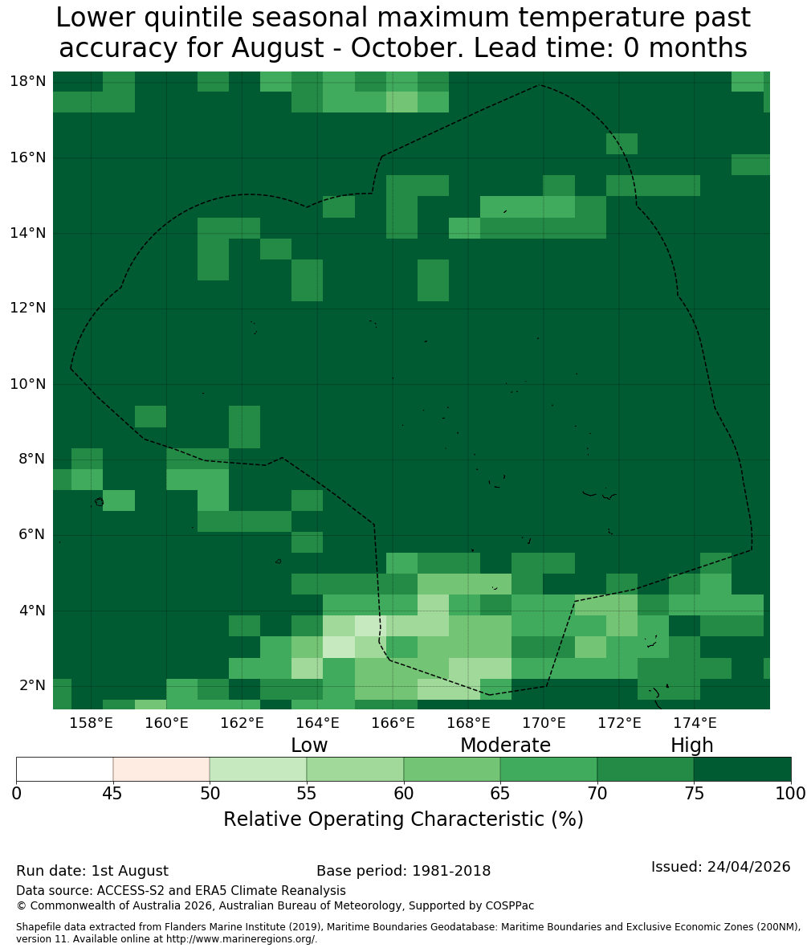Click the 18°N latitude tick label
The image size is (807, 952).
pos(28,81)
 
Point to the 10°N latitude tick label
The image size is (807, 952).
pos(28,384)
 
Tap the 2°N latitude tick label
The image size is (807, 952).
pos(32,685)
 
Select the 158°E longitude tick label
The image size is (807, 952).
pos(92,723)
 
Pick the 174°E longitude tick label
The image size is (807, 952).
pos(695,723)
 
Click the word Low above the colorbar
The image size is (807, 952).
pos(309,745)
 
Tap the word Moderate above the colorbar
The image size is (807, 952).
pos(505,745)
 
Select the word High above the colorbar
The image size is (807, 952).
pos(691,746)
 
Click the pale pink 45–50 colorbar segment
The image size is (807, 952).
pos(161,770)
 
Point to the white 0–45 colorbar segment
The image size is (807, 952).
pos(65,770)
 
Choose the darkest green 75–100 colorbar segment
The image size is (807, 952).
pos(742,770)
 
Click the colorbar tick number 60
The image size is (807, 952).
pos(403,793)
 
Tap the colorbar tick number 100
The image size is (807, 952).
pos(791,793)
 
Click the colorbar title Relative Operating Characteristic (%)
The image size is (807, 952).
pos(403,819)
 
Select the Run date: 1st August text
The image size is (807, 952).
pos(92,871)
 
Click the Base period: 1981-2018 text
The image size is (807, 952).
pos(403,871)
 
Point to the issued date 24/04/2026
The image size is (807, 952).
pos(748,866)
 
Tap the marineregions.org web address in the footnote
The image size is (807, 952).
pos(240,938)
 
